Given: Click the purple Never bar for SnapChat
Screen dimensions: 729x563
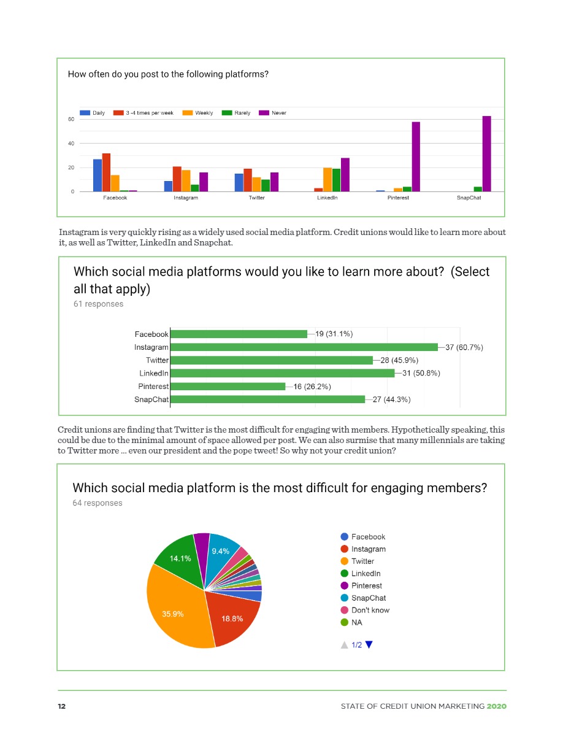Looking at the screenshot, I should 486,154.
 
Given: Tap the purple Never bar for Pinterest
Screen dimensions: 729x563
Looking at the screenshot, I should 416,156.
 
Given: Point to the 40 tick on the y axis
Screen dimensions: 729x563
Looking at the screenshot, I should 71,144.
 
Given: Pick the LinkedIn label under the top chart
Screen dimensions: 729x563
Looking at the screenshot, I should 327,198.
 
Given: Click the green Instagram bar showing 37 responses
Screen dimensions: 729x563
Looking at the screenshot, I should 304,347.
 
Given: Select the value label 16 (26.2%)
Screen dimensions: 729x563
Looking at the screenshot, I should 313,387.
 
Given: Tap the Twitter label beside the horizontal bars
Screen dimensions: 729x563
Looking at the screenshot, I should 157,360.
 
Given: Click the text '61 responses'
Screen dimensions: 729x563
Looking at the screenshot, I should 98,304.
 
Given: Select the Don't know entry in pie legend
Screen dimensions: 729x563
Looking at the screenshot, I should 369,610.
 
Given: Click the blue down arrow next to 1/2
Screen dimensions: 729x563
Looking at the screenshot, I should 369,645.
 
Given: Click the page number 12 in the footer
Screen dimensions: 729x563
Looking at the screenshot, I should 61,706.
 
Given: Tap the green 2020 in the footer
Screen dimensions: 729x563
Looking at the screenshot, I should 497,706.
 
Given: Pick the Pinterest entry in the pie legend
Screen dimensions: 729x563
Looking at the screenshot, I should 366,585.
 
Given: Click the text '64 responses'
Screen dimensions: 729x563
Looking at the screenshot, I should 97,503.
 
